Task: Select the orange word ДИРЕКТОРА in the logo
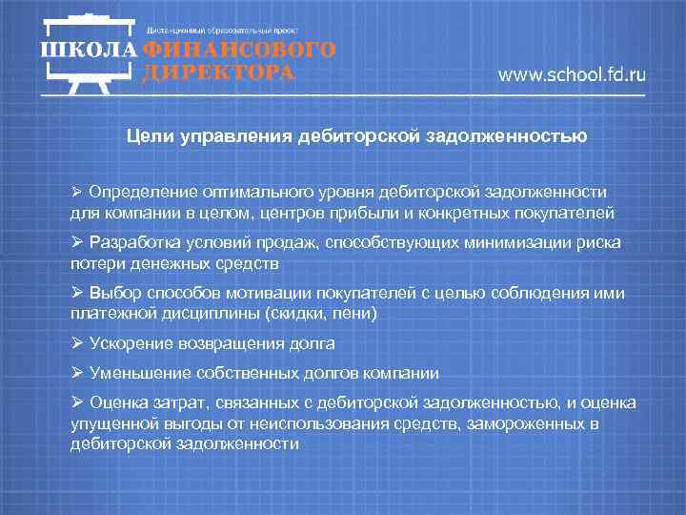(218, 73)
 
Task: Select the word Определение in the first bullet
(139, 193)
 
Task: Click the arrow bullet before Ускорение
(77, 343)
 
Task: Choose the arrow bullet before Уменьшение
(77, 373)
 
